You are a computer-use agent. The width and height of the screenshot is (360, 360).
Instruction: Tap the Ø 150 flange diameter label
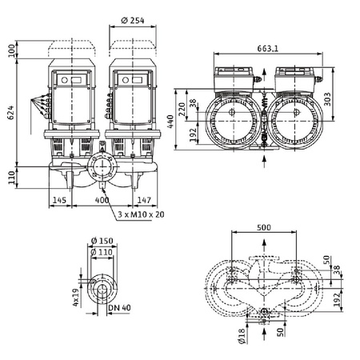tap(103, 242)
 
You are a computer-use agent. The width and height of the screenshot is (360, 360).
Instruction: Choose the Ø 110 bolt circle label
tap(103, 253)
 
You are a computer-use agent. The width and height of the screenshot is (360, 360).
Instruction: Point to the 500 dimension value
tap(264, 226)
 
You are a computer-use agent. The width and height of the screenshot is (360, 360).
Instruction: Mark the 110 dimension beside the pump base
tap(12, 174)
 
